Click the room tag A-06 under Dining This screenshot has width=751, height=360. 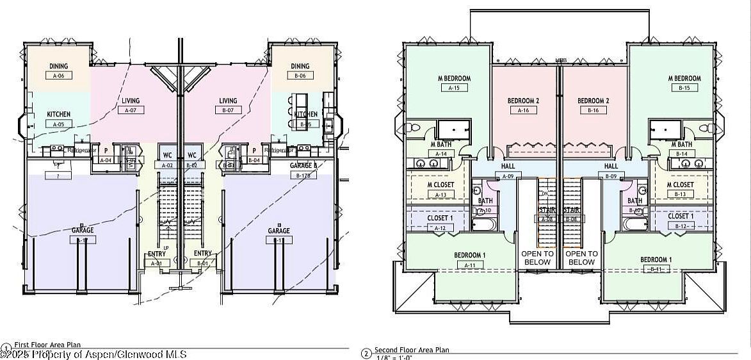coord(59,76)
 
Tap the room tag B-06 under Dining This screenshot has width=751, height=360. coord(300,76)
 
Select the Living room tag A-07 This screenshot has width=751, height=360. coord(131,110)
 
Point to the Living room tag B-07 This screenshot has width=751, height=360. coord(228,110)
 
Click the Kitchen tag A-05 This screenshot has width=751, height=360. coord(59,124)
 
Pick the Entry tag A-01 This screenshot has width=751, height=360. coord(157,263)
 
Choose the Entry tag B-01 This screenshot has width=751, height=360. coord(203,263)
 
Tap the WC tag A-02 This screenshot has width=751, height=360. coord(168,165)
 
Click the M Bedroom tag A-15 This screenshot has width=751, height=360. coord(455,88)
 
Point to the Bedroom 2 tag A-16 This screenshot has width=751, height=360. coord(523,110)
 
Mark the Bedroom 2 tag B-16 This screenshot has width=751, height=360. coord(593,110)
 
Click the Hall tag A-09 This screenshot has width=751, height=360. coord(508,176)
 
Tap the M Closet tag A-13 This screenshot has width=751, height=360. coord(440,195)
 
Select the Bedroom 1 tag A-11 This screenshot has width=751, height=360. coord(469,265)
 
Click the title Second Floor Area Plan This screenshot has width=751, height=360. coord(412,350)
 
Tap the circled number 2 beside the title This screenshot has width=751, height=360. coord(366,354)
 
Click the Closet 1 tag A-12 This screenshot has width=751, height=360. coord(440,227)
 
